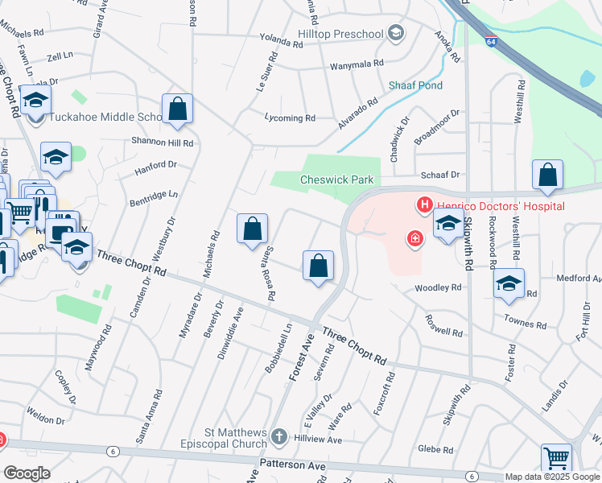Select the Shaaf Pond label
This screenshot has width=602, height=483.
point(415,85)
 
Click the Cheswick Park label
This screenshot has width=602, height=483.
point(336,180)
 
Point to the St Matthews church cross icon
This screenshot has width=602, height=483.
point(278,437)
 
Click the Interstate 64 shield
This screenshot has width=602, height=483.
point(491,39)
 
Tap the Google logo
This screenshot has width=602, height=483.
point(27,473)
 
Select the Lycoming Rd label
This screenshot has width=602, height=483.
point(290,118)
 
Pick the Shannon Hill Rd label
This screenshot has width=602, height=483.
point(163,142)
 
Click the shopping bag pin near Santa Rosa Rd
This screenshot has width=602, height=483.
point(253,228)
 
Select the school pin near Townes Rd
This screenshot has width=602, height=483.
point(509,283)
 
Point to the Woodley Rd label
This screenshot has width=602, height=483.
point(438,287)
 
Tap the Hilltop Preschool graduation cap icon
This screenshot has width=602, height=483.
point(395,32)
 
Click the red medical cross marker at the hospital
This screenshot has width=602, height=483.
point(414,238)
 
